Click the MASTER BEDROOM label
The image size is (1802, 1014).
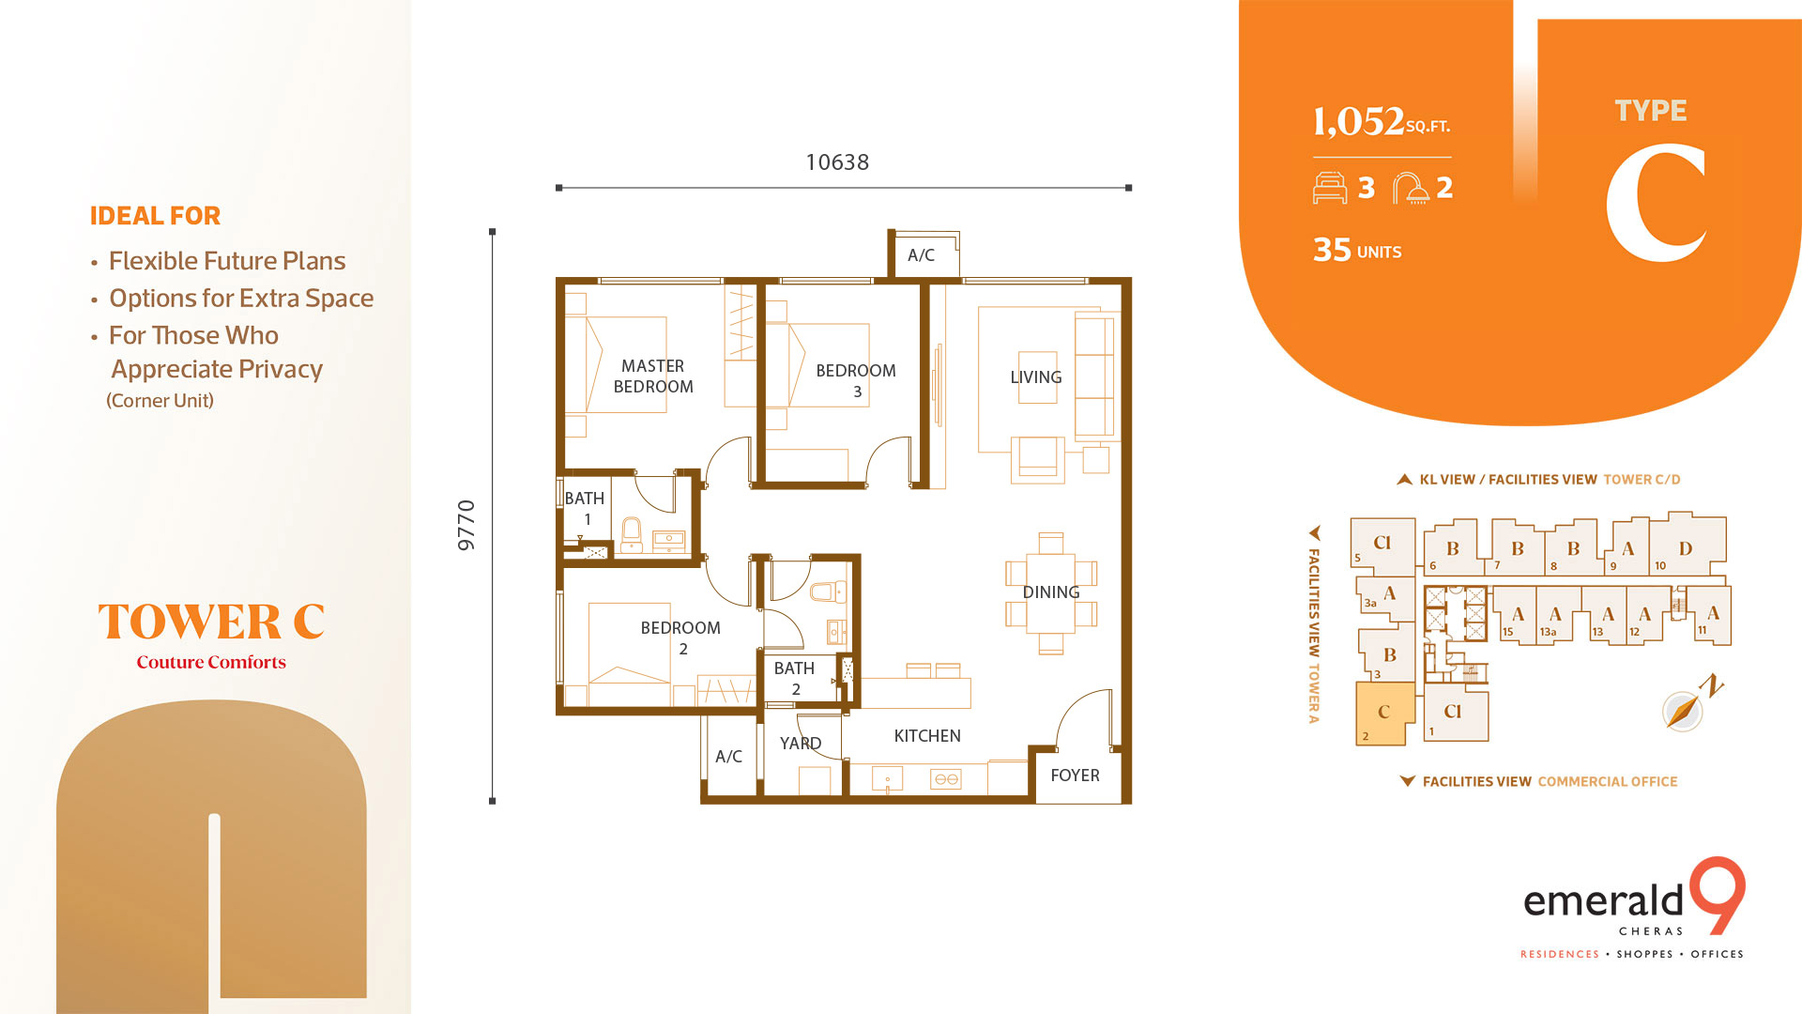pyautogui.click(x=653, y=376)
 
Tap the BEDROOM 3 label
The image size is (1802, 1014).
pyautogui.click(x=855, y=380)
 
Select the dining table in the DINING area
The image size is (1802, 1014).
pyautogui.click(x=1051, y=593)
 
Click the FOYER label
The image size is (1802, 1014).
pyautogui.click(x=1075, y=776)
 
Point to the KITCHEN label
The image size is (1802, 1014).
pyautogui.click(x=927, y=736)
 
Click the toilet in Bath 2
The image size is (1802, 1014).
pyautogui.click(x=825, y=591)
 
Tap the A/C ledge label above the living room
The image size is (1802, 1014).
pyautogui.click(x=921, y=255)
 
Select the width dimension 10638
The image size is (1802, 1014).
pyautogui.click(x=837, y=162)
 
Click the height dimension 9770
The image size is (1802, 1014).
pyautogui.click(x=466, y=525)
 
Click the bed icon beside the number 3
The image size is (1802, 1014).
pyautogui.click(x=1330, y=188)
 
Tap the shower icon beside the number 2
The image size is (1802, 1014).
pyautogui.click(x=1410, y=188)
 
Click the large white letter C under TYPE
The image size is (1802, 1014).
pyautogui.click(x=1656, y=204)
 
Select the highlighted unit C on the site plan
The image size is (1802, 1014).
pyautogui.click(x=1384, y=713)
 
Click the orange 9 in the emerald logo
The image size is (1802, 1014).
pyautogui.click(x=1718, y=895)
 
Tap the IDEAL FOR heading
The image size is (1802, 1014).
pyautogui.click(x=155, y=216)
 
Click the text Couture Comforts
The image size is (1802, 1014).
pyautogui.click(x=211, y=662)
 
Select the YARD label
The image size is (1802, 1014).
pyautogui.click(x=801, y=744)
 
